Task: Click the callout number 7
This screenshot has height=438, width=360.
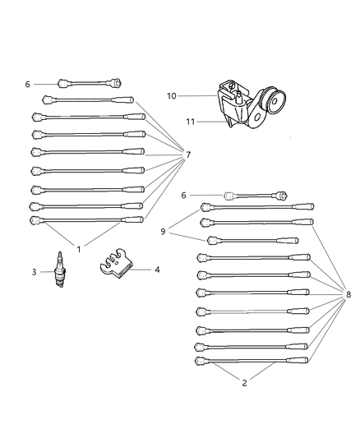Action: [x=188, y=154]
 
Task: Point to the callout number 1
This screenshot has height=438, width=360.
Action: [x=79, y=248]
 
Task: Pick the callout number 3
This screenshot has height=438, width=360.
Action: [x=35, y=272]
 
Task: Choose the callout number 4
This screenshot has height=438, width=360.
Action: [x=157, y=269]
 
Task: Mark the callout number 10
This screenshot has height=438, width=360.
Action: [x=172, y=96]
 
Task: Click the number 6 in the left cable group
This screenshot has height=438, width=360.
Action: [x=27, y=84]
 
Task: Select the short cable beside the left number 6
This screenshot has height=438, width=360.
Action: [x=90, y=83]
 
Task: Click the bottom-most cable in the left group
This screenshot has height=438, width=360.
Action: [x=86, y=220]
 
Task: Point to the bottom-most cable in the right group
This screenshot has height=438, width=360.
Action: [x=253, y=360]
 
